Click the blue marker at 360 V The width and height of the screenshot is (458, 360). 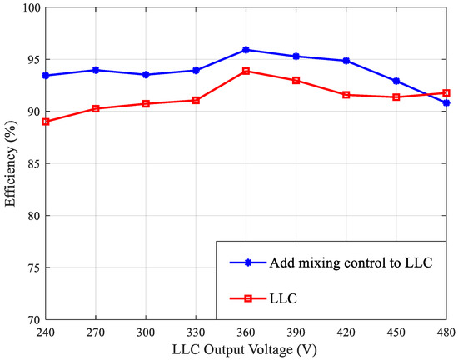(x=246, y=50)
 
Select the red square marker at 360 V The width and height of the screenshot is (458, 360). (x=246, y=71)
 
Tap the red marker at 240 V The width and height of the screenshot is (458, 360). (x=46, y=122)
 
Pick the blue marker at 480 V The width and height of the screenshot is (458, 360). (x=446, y=102)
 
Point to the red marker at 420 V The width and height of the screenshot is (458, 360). (x=346, y=95)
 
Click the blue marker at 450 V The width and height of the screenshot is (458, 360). (x=396, y=81)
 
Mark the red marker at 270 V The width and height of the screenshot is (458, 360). (x=96, y=108)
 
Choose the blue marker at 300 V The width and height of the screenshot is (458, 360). (x=146, y=75)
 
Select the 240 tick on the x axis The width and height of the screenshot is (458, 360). (x=46, y=330)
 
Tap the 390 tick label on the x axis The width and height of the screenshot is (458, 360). (x=296, y=330)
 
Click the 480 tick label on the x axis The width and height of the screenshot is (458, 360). (x=445, y=330)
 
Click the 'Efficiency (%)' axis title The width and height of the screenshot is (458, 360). (x=10, y=164)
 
